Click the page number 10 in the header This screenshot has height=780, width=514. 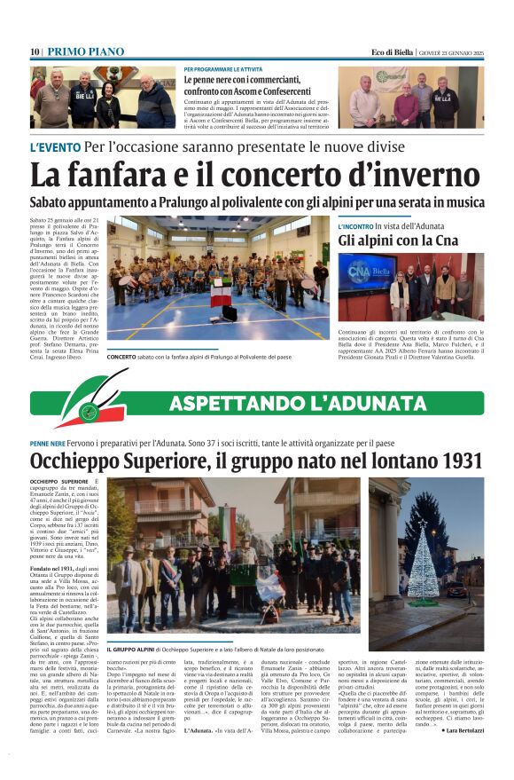[x=35, y=51]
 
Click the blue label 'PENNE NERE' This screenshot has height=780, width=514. [x=48, y=442]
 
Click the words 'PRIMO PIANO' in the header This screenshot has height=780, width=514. [x=85, y=51]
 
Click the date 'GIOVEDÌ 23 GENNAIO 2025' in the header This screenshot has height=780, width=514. [x=452, y=51]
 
